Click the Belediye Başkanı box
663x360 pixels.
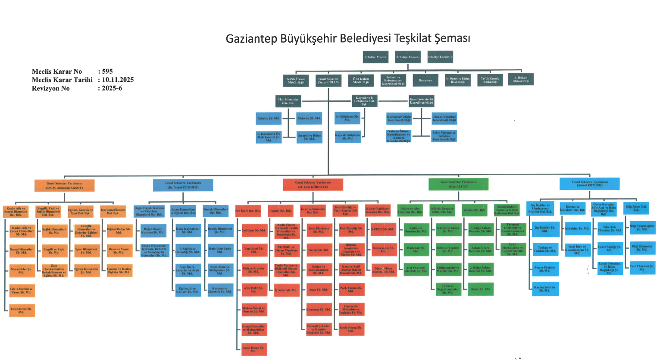coord(407,57)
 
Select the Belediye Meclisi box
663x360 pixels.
coord(375,57)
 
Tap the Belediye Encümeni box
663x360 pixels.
coord(440,57)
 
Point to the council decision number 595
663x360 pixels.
coord(107,72)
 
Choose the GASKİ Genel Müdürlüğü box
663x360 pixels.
coord(296,80)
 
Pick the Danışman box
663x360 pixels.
coord(425,80)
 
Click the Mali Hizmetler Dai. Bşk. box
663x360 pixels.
coord(288,101)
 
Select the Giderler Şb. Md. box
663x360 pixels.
coord(309,118)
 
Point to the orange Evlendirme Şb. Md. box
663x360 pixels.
coord(22,310)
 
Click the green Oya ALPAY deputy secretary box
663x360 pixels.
coord(458,184)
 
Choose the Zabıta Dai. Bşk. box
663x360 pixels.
coord(474,210)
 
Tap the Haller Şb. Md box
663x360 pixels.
coord(481,289)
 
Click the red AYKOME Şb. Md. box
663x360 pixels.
coord(253,289)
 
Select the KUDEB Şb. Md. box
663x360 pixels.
coord(382,229)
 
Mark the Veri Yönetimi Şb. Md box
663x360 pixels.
coord(642,267)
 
